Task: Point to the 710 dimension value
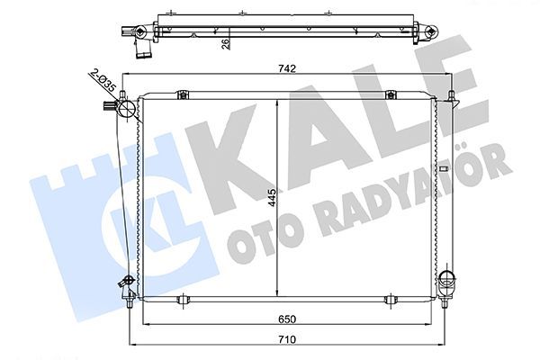click(286, 339)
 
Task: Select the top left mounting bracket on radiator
click(182, 94)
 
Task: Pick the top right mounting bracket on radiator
click(391, 94)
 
